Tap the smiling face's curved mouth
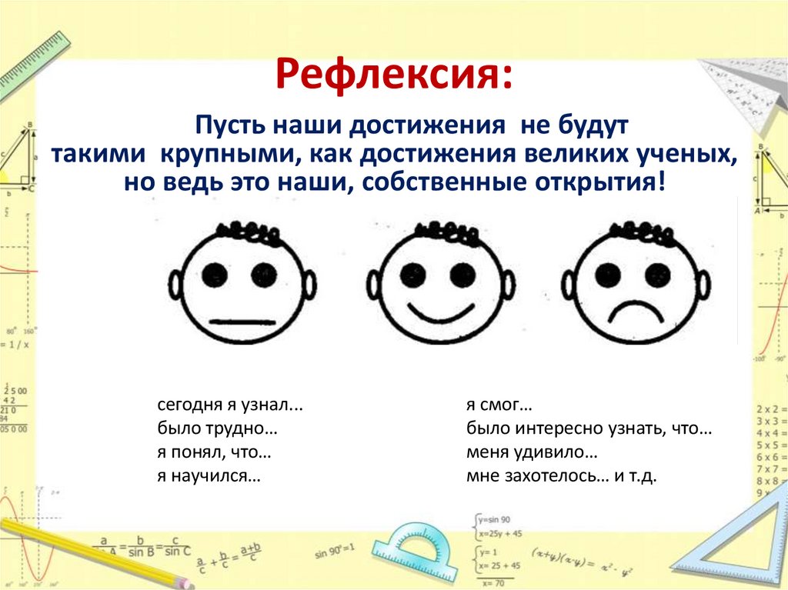pyautogui.click(x=440, y=315)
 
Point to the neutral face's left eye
pyautogui.click(x=215, y=273)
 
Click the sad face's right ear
pyautogui.click(x=704, y=286)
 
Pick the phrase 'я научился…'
pyautogui.click(x=209, y=476)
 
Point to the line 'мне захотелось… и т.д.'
pyautogui.click(x=560, y=476)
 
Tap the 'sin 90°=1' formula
pyautogui.click(x=334, y=552)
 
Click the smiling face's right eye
pyautogui.click(x=462, y=274)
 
